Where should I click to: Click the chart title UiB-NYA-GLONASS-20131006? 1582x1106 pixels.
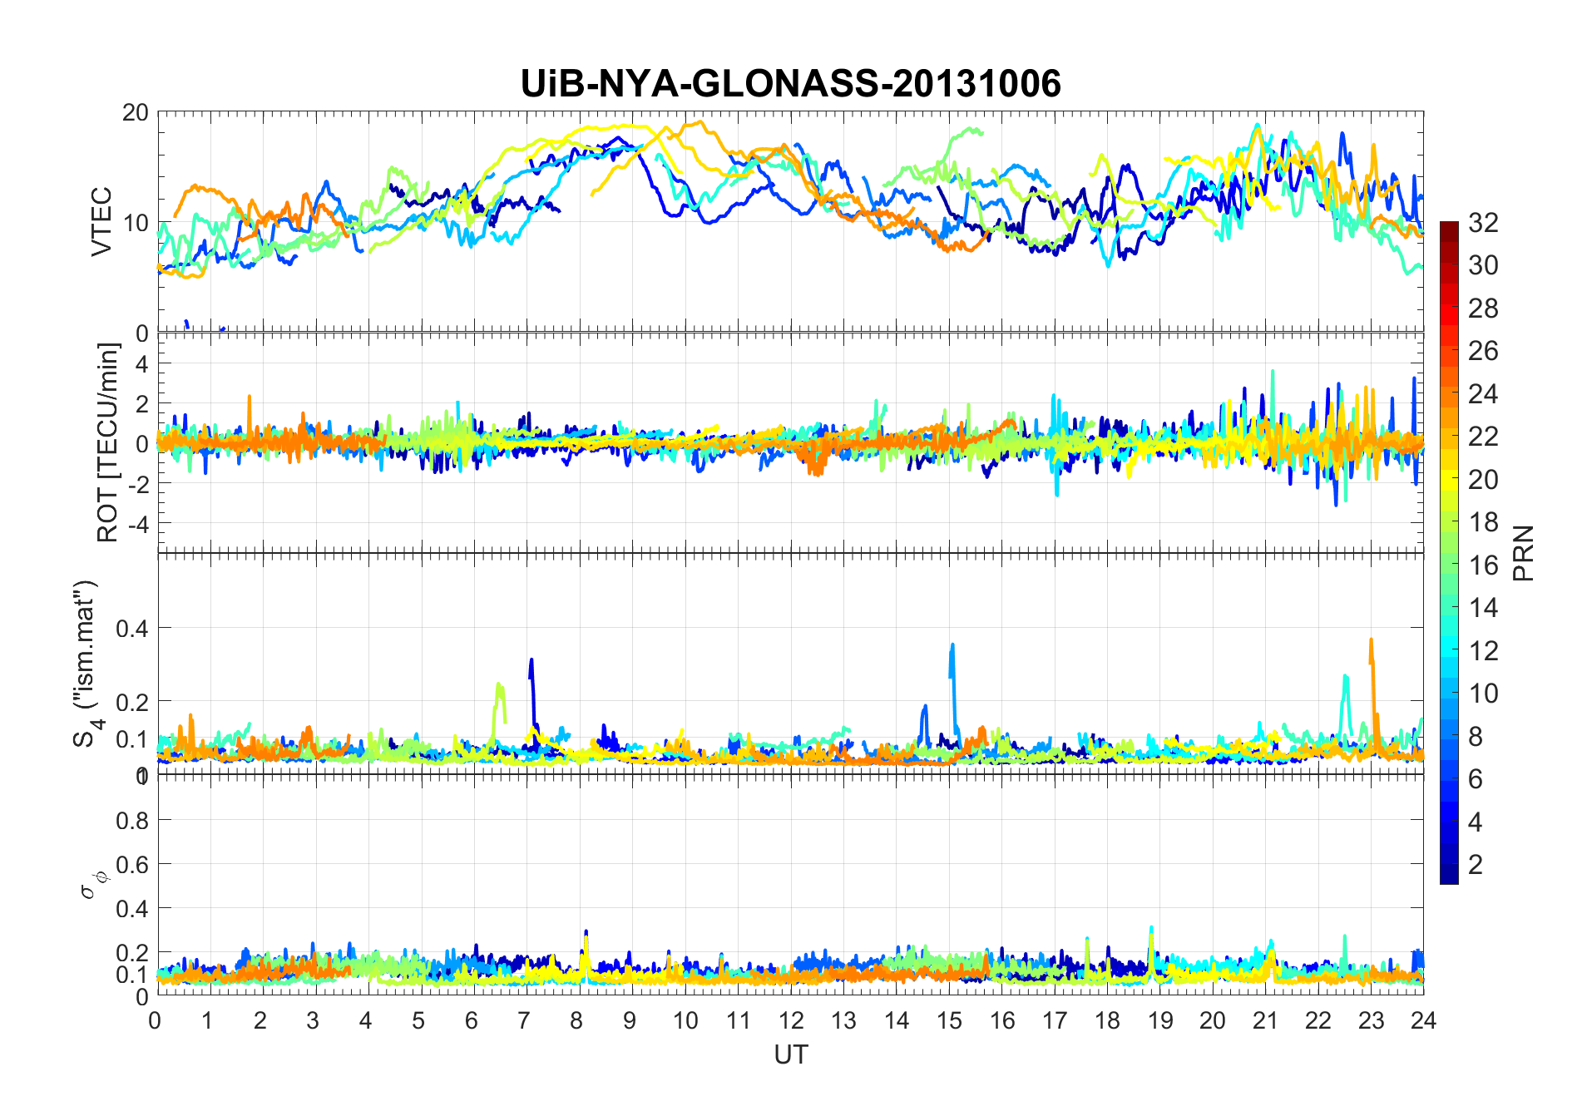(x=790, y=84)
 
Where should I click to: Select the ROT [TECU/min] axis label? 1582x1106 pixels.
(x=108, y=442)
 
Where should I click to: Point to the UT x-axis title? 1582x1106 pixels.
(x=790, y=1054)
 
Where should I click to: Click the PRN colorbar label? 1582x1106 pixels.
(x=1524, y=553)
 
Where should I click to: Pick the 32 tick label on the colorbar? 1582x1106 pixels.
(x=1483, y=223)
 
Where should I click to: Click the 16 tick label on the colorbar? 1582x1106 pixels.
(x=1483, y=565)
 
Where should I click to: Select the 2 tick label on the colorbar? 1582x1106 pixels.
(x=1476, y=865)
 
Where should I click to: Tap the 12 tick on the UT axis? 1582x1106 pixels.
(x=791, y=1020)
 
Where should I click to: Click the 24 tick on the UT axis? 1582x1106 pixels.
(x=1423, y=1020)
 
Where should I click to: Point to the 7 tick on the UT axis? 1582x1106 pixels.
(x=524, y=1020)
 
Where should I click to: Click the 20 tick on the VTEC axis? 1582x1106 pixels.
(x=136, y=113)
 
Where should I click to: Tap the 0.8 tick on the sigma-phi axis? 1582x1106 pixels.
(x=132, y=821)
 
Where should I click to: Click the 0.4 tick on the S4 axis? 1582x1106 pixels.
(x=132, y=628)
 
